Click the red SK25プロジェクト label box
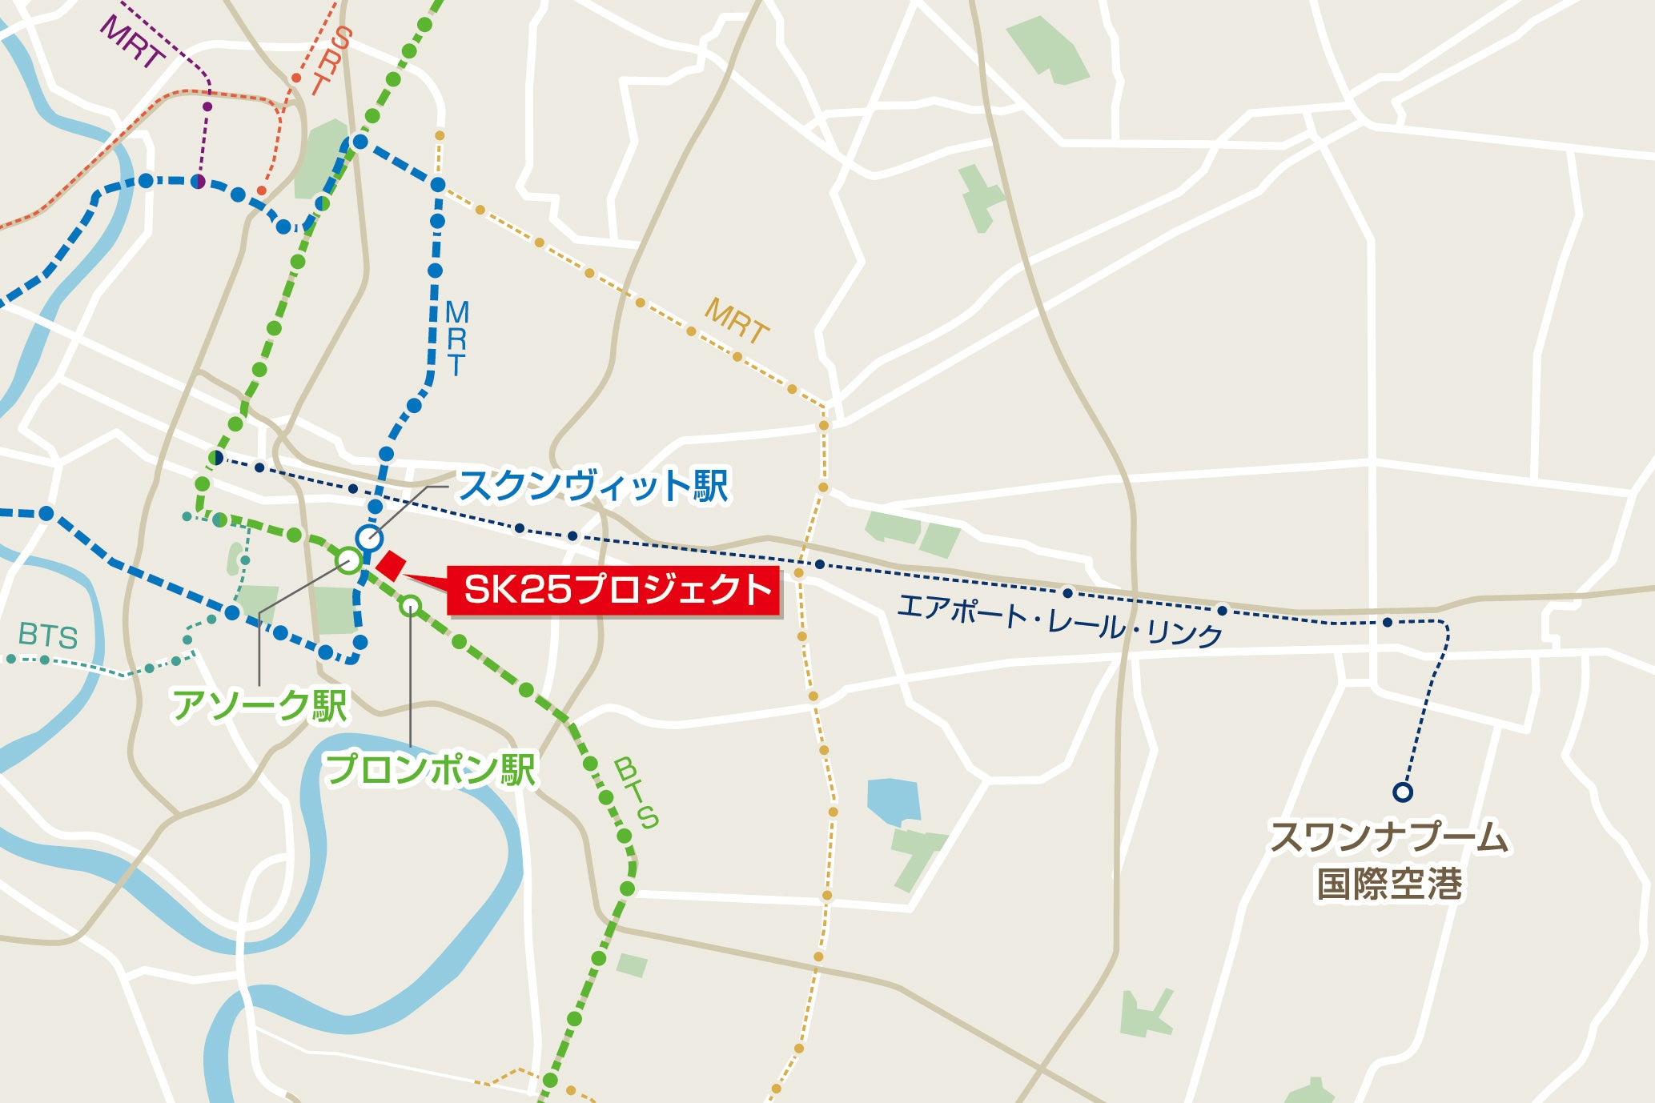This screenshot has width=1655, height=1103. tap(613, 591)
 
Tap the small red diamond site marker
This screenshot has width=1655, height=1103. tap(391, 566)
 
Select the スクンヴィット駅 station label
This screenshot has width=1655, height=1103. tap(593, 486)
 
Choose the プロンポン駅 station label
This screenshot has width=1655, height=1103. tap(429, 769)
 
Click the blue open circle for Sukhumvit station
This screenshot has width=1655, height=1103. tap(369, 538)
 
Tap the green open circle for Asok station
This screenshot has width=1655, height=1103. tap(349, 560)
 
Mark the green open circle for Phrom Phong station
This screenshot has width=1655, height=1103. tap(411, 606)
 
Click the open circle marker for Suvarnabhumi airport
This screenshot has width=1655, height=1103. tap(1402, 792)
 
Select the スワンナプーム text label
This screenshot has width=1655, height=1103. tap(1389, 838)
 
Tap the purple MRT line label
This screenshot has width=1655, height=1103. tap(132, 42)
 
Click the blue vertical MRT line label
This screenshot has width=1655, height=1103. tap(456, 338)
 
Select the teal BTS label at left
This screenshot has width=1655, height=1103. tap(48, 636)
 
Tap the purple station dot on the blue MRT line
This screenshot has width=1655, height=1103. tap(198, 182)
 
